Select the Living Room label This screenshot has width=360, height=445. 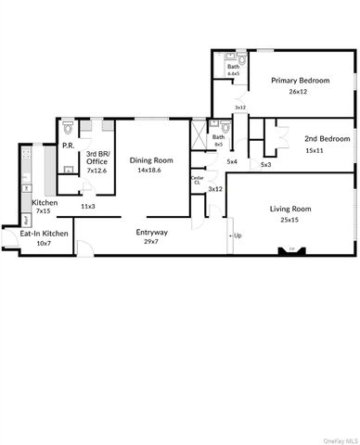[x=290, y=209]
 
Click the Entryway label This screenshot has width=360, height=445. [x=151, y=231]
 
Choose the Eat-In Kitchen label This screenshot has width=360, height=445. [x=45, y=234]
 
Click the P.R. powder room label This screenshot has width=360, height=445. [x=68, y=146]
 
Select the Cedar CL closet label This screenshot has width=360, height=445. [x=197, y=180]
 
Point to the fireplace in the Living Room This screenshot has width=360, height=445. [x=291, y=249]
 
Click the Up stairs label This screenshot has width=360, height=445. [x=238, y=235]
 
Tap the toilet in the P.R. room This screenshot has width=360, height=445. [x=70, y=170]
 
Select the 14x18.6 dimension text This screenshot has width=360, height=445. [x=151, y=171]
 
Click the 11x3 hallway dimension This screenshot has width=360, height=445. [x=89, y=206]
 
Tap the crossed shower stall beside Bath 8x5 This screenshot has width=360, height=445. [x=197, y=134]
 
